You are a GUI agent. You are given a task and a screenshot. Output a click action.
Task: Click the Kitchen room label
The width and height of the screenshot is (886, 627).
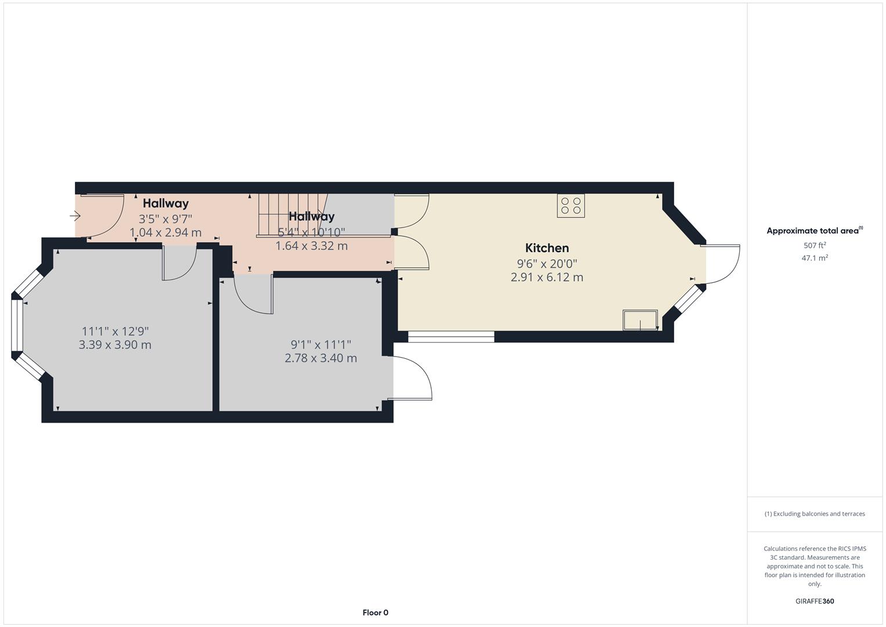tap(547, 248)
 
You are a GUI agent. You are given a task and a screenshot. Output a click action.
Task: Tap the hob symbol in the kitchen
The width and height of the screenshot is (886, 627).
tap(570, 206)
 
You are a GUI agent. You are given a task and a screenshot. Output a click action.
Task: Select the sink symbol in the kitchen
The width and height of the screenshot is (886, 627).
tap(640, 320)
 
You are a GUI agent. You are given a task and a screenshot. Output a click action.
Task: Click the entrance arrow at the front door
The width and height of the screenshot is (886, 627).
tap(75, 216)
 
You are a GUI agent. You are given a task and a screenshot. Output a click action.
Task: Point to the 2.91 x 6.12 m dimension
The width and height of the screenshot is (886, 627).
tap(547, 278)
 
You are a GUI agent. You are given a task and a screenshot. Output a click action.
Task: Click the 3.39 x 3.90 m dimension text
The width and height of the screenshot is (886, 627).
tap(115, 345)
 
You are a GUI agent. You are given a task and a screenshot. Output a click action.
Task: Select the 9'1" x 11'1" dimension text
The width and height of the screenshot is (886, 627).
tap(320, 345)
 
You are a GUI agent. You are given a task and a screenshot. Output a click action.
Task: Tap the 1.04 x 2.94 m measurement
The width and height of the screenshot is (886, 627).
tap(165, 233)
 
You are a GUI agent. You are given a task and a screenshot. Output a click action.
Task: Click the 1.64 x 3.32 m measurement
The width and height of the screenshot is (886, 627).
tap(311, 246)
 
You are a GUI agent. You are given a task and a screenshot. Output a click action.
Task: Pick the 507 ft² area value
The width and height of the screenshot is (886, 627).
tap(814, 246)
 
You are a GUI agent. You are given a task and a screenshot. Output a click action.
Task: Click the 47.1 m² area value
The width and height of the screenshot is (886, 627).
tap(814, 258)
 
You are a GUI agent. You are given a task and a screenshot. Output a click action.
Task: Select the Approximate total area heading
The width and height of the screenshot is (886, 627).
tap(814, 231)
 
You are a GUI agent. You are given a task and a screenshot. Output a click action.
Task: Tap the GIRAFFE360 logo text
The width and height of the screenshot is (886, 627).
tap(814, 601)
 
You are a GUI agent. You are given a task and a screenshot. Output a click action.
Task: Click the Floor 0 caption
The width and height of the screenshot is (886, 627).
tap(375, 612)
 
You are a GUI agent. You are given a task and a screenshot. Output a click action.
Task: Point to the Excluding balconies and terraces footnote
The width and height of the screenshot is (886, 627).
tap(814, 514)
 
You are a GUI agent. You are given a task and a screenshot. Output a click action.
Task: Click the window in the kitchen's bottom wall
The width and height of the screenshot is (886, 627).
tap(451, 336)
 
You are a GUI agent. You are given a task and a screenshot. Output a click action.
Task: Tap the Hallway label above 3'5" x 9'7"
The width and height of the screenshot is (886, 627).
tap(165, 204)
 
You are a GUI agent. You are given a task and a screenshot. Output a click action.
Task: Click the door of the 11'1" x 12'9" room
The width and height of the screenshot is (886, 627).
tap(180, 263)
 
